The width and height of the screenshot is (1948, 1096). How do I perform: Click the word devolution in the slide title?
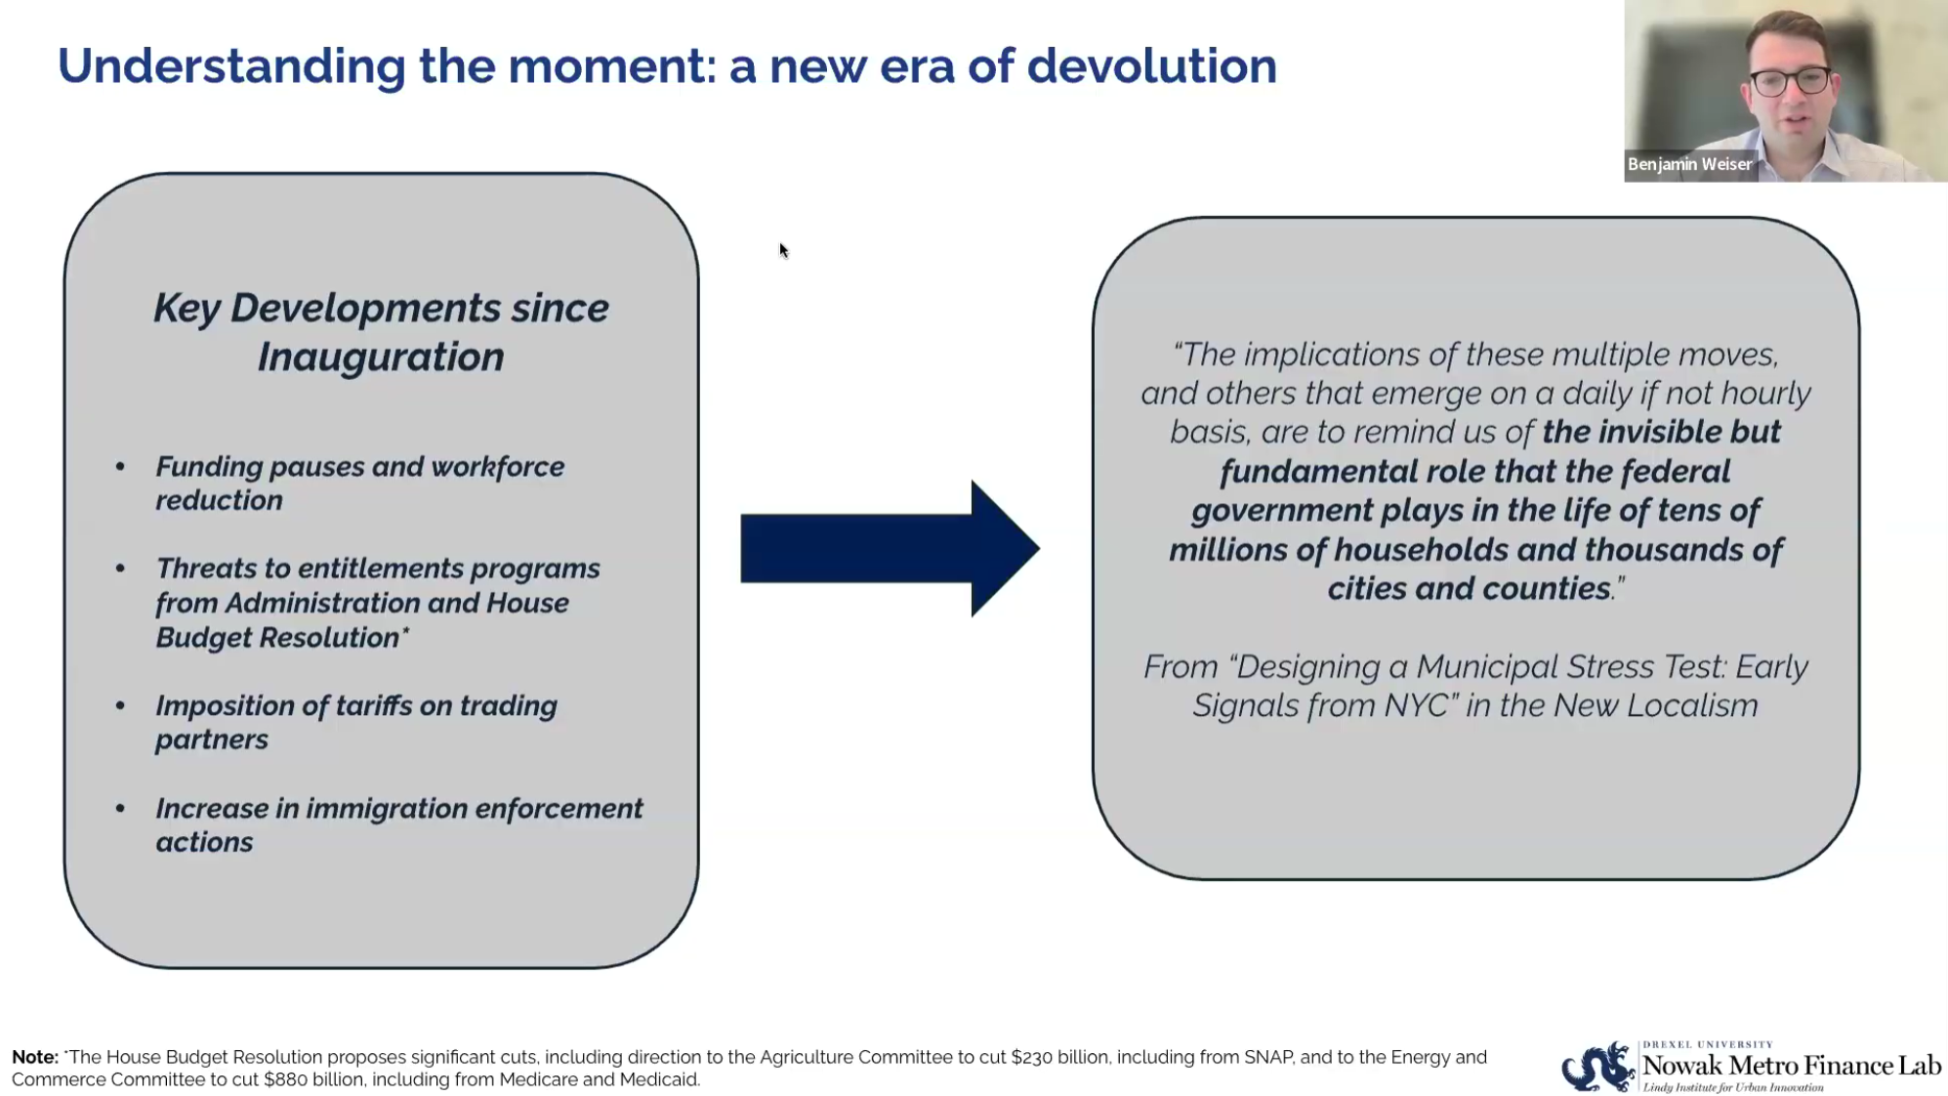[x=1151, y=65]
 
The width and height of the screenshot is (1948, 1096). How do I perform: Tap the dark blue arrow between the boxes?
[x=890, y=548]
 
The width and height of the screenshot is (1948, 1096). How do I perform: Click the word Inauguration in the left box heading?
[x=381, y=358]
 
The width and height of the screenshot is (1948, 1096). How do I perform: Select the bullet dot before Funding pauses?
[x=120, y=467]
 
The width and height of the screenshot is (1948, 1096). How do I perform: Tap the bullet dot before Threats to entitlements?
[x=120, y=569]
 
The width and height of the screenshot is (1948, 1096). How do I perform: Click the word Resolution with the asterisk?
[x=338, y=638]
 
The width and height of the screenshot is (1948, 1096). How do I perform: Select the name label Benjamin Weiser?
[x=1689, y=164]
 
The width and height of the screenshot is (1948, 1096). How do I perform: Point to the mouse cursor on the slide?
[x=783, y=250]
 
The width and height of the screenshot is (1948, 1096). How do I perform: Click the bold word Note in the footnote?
[x=35, y=1057]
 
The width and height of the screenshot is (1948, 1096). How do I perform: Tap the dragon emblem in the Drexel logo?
[x=1598, y=1067]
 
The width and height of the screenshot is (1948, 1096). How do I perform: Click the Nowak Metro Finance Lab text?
[x=1792, y=1065]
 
